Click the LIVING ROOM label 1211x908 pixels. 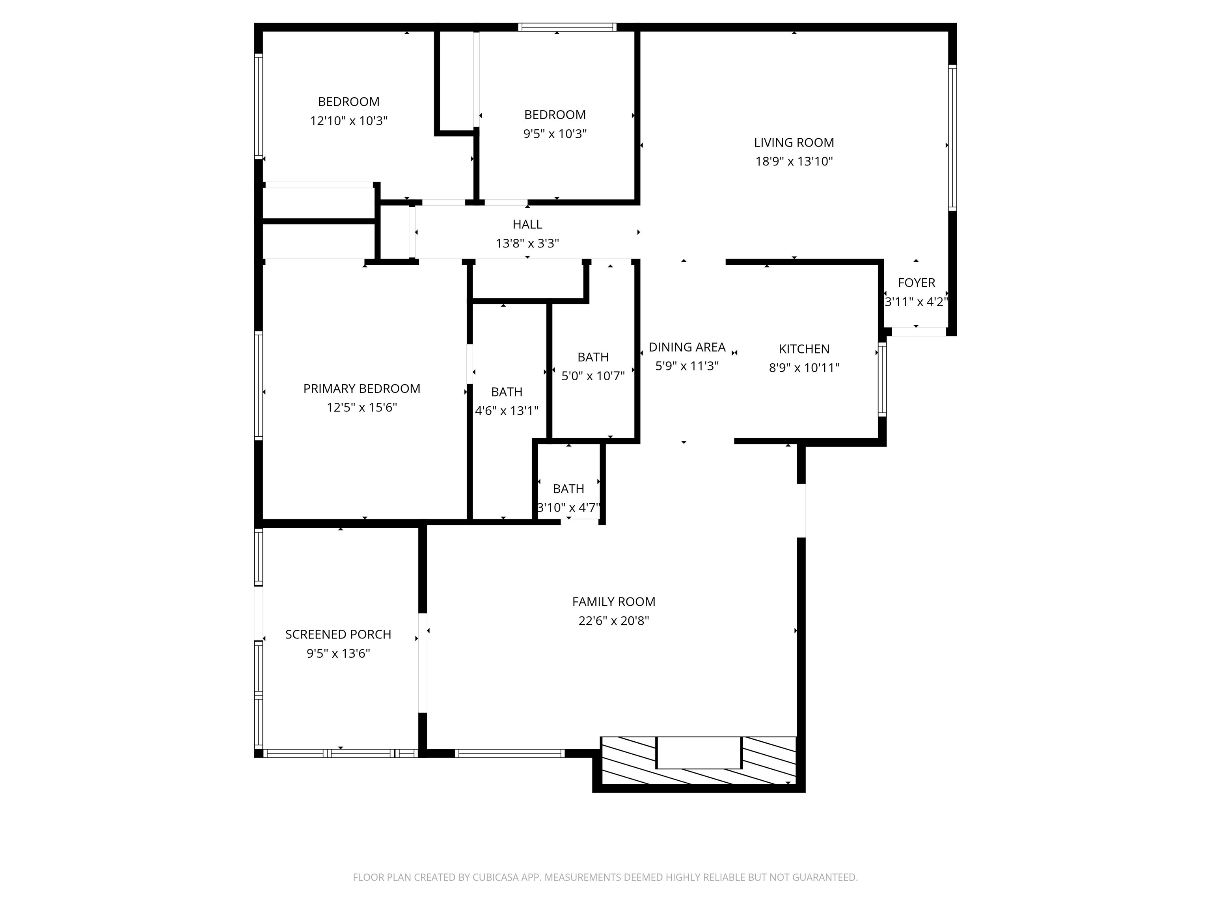point(794,143)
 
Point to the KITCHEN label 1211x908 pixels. point(804,349)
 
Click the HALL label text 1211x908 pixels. point(527,224)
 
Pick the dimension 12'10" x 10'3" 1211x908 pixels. point(349,121)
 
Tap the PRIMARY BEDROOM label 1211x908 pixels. point(361,389)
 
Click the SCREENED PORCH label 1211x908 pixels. point(338,634)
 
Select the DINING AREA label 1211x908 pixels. point(687,347)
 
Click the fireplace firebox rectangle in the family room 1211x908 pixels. point(699,753)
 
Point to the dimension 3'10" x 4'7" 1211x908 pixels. point(568,507)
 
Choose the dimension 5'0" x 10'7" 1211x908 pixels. point(593,376)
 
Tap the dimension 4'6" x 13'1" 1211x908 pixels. point(507,411)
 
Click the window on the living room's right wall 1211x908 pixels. point(952,138)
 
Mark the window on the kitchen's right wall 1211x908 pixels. point(882,379)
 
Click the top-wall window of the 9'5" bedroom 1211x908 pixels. point(567,27)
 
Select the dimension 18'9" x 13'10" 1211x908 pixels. point(794,162)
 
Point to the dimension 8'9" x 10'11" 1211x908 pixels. point(804,368)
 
